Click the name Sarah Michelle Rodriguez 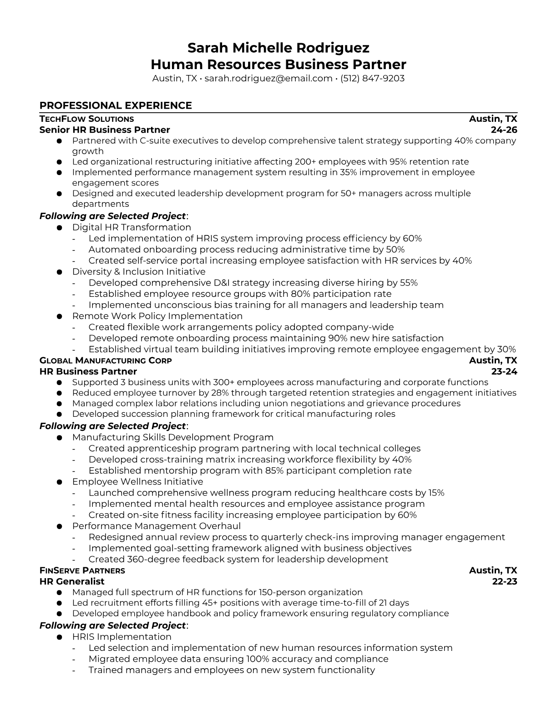point(278,48)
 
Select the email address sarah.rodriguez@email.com point(268,78)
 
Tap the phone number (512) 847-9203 point(372,78)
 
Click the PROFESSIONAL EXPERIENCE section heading point(116,105)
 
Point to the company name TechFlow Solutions point(86,119)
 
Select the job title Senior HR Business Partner point(105,130)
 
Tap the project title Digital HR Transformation point(132,227)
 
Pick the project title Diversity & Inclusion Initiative point(139,272)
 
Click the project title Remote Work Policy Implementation point(157,316)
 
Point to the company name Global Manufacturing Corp point(106,360)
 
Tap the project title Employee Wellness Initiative point(137,482)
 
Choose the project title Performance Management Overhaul point(156,526)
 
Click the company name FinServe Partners point(82,570)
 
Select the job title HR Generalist point(72,581)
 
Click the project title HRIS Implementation point(122,637)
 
